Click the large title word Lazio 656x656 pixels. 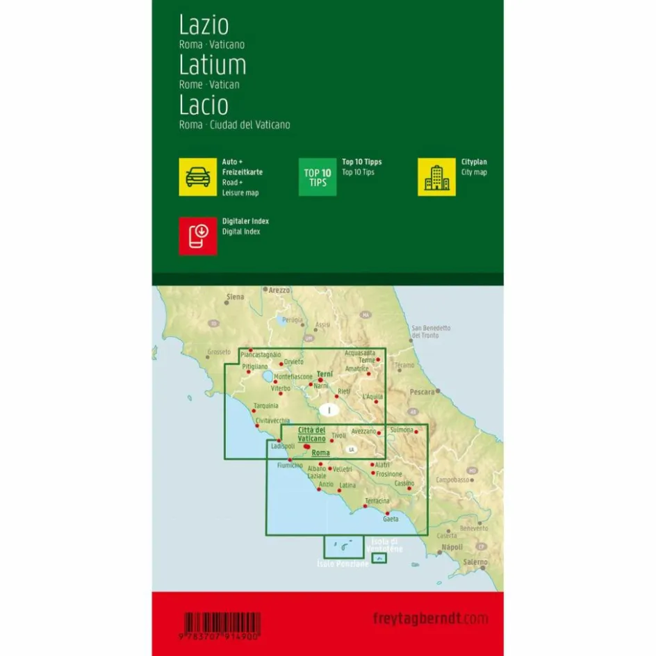pyautogui.click(x=204, y=26)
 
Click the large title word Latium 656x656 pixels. pyautogui.click(x=213, y=65)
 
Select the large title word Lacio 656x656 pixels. pyautogui.click(x=204, y=106)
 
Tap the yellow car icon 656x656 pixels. pyautogui.click(x=198, y=177)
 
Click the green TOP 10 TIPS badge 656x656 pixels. pyautogui.click(x=318, y=177)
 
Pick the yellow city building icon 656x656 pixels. pyautogui.click(x=436, y=177)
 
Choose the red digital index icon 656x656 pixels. pyautogui.click(x=198, y=236)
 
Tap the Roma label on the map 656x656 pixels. pyautogui.click(x=320, y=453)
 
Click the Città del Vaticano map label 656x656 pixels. pyautogui.click(x=311, y=434)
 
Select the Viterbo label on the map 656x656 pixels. pyautogui.click(x=280, y=388)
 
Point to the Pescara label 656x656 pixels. pyautogui.click(x=422, y=392)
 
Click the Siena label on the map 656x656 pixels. pyautogui.click(x=236, y=297)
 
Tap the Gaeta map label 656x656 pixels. pyautogui.click(x=391, y=518)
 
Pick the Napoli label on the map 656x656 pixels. pyautogui.click(x=452, y=548)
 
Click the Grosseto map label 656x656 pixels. pyautogui.click(x=218, y=352)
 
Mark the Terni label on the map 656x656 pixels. pyautogui.click(x=325, y=374)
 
